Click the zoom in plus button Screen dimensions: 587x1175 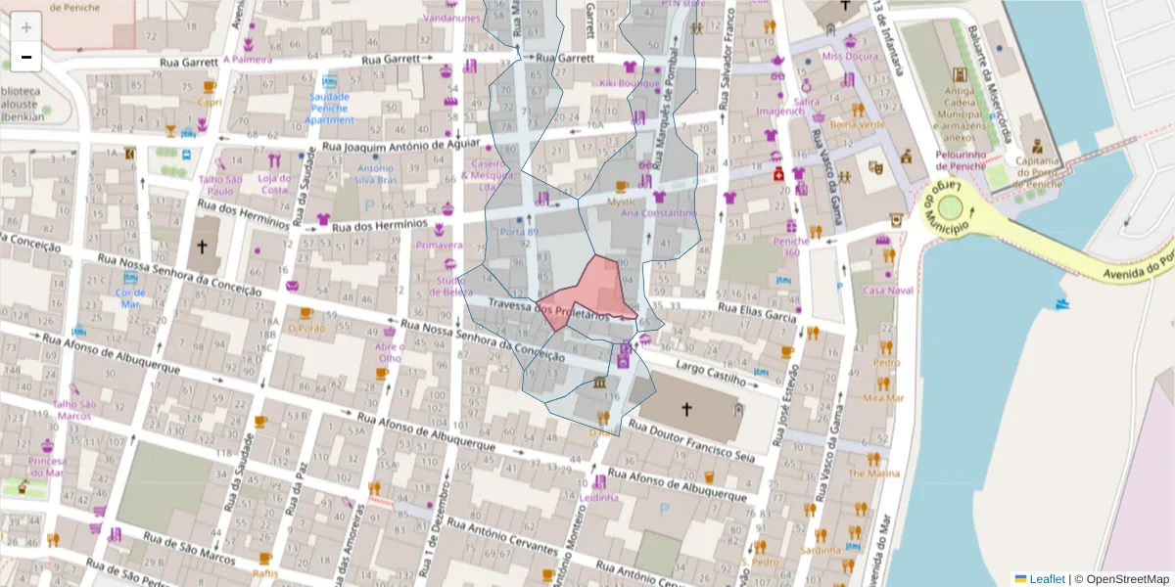[26, 26]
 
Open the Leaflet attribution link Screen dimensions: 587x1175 [1046, 579]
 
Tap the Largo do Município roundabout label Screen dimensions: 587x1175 [946, 207]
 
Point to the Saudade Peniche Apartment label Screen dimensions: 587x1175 [330, 109]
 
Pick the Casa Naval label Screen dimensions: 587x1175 [887, 291]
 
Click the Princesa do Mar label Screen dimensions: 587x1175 [47, 467]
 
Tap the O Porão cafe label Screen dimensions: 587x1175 [305, 328]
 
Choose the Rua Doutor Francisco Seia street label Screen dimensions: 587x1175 [691, 441]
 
